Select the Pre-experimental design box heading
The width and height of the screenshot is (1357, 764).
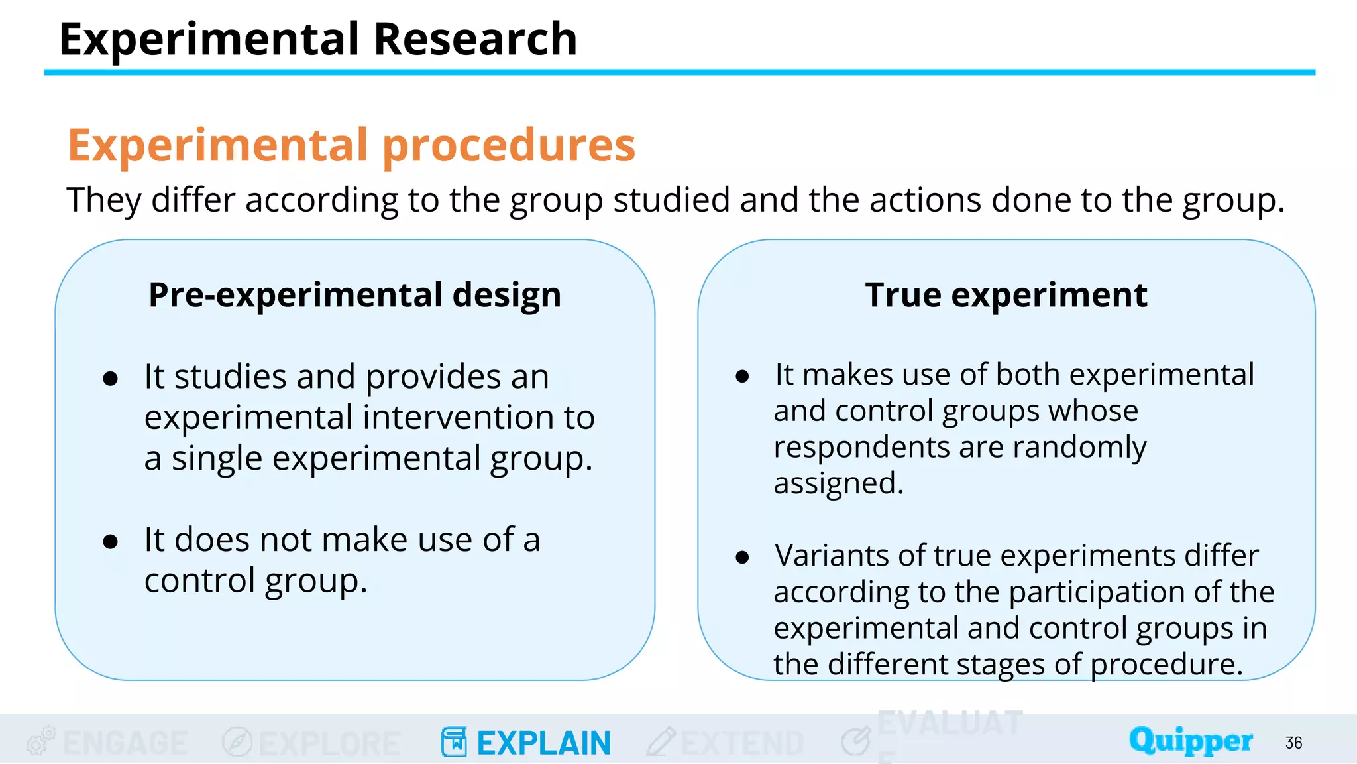click(x=354, y=294)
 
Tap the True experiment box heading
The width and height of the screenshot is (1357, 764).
click(x=1006, y=294)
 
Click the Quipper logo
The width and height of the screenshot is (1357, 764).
click(x=1191, y=741)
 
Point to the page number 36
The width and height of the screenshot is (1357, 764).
click(x=1293, y=743)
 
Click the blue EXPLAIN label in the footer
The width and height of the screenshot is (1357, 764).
click(x=543, y=743)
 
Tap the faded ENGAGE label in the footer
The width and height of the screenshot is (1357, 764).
click(x=125, y=743)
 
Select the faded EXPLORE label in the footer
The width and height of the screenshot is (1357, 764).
click(x=329, y=743)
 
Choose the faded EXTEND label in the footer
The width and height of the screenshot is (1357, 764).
click(x=742, y=743)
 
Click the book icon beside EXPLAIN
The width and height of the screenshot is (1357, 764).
click(x=454, y=741)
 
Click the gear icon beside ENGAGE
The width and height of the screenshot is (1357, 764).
click(x=40, y=741)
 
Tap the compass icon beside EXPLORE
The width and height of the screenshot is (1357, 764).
click(x=237, y=741)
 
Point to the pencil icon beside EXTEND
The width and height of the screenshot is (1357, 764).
click(x=661, y=741)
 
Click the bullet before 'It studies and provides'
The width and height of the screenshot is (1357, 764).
click(x=111, y=379)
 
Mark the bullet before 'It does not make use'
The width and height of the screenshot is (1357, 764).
click(x=111, y=542)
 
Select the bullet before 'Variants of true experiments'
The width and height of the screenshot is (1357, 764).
click(x=742, y=557)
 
